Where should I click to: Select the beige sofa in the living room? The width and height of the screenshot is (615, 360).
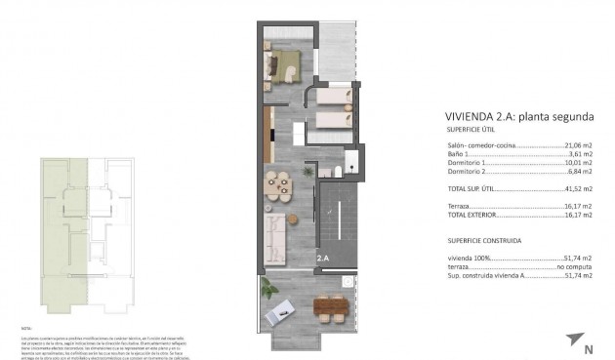coord(276,234)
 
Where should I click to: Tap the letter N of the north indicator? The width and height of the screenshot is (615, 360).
coord(588,348)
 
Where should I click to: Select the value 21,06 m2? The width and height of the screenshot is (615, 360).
coord(575,144)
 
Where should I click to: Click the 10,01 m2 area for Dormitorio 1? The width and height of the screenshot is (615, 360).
coord(575,163)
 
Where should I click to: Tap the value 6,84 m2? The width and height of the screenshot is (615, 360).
coord(578,173)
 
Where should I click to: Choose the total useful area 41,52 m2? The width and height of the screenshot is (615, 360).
coord(575,188)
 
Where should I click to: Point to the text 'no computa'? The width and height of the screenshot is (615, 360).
coord(574,266)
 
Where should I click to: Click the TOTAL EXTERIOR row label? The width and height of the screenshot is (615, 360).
coord(471,215)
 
